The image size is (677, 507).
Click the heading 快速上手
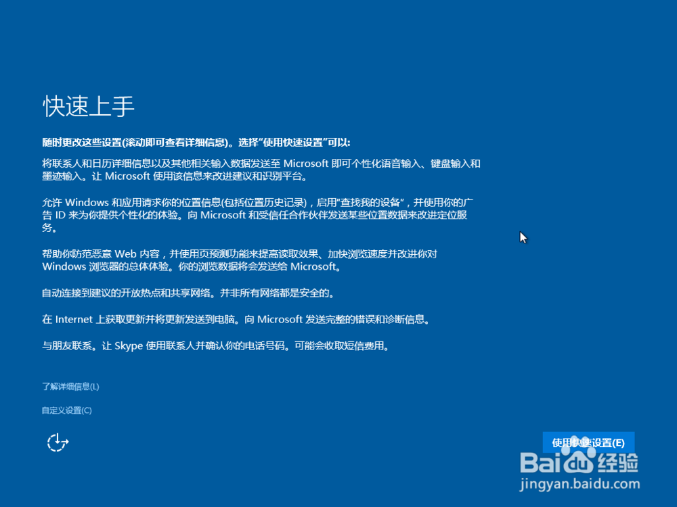click(x=89, y=106)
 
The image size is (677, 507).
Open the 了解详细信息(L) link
click(x=70, y=386)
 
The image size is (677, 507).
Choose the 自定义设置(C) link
click(x=67, y=410)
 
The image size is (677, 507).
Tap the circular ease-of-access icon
click(x=58, y=442)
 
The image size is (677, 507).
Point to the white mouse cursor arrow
click(x=523, y=237)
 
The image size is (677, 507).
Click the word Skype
click(x=129, y=346)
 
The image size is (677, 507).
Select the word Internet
click(x=74, y=320)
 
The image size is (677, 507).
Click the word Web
click(x=125, y=254)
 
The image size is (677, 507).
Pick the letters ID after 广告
click(x=60, y=215)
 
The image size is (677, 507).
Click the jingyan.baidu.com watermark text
click(x=580, y=484)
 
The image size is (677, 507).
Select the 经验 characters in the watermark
click(x=618, y=462)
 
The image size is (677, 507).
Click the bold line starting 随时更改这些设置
click(x=196, y=143)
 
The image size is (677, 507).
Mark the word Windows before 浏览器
click(x=64, y=267)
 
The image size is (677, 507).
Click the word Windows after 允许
click(x=87, y=202)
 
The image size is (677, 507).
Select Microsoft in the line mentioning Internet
click(x=280, y=320)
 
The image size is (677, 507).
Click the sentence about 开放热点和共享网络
click(x=189, y=293)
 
